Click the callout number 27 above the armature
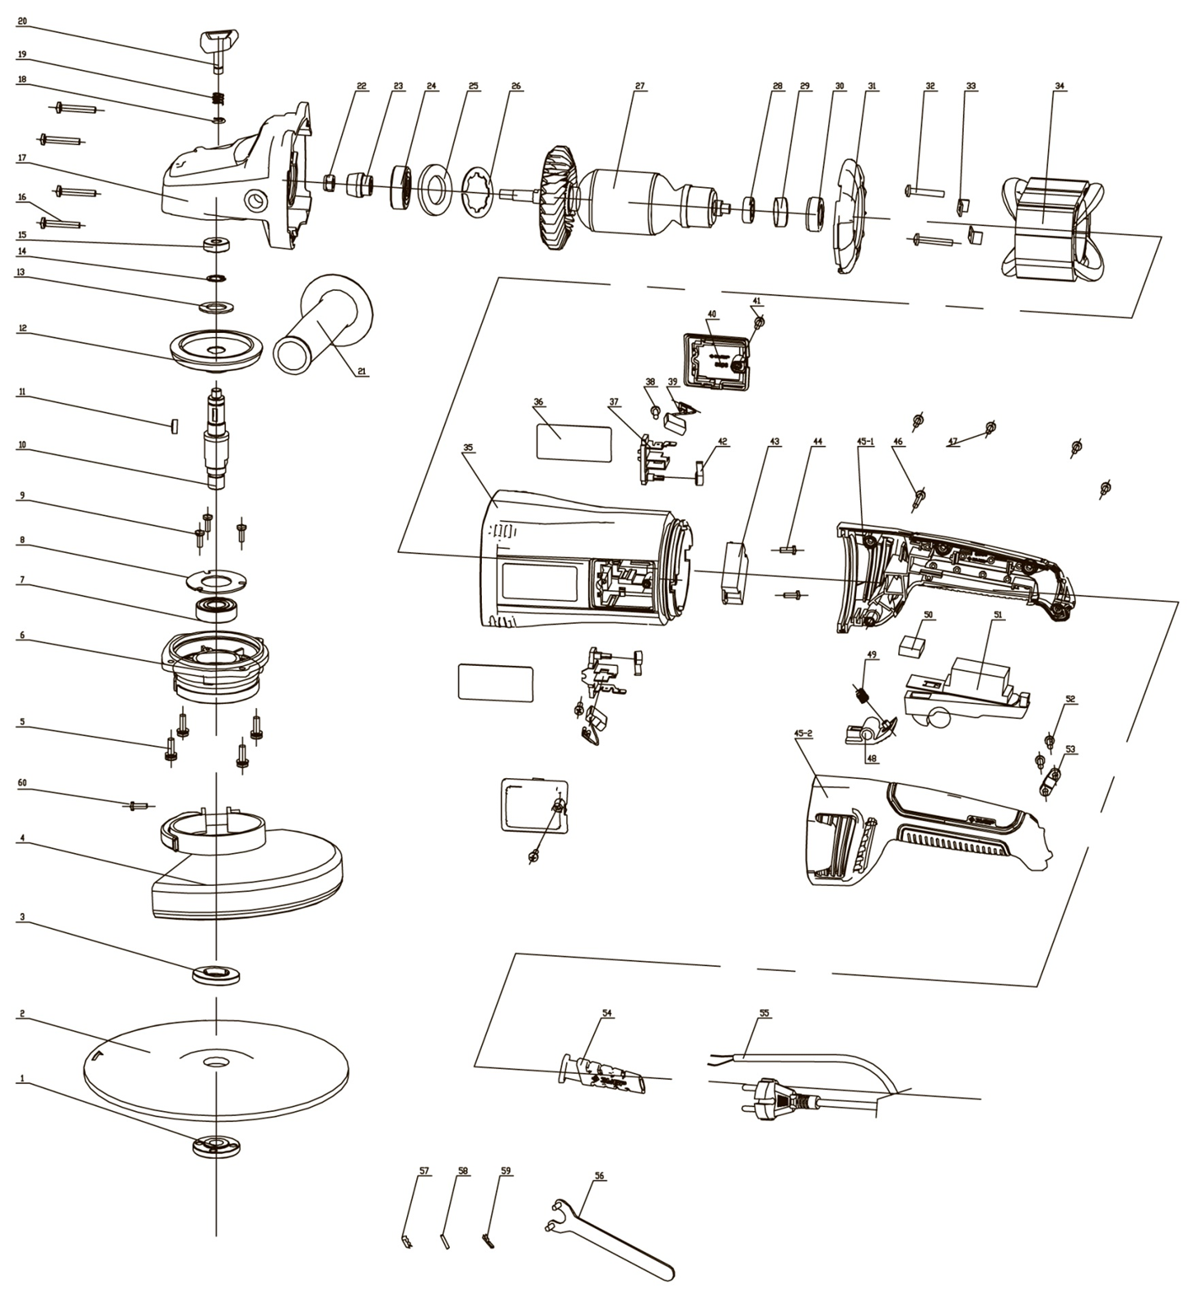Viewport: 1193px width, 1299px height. (x=639, y=86)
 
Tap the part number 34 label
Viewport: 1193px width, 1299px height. (x=1059, y=86)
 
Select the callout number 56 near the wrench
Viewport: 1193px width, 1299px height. (x=599, y=1175)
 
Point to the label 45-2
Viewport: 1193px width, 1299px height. (x=803, y=733)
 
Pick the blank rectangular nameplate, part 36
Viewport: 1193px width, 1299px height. (x=574, y=442)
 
